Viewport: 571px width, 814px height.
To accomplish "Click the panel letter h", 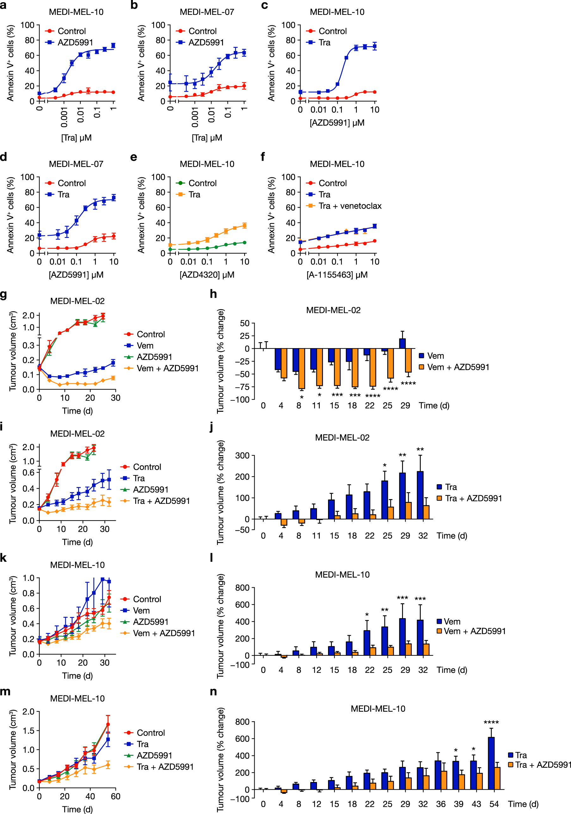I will [x=213, y=294].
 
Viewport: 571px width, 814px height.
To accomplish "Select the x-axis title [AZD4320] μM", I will [x=207, y=275].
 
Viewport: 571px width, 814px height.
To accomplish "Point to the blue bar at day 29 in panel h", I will [x=402, y=343].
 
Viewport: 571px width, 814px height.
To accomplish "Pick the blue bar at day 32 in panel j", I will [x=420, y=495].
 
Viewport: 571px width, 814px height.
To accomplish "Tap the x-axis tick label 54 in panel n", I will [x=494, y=804].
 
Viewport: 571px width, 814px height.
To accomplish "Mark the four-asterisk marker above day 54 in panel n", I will [x=491, y=723].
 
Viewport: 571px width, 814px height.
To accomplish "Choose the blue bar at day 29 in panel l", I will [x=402, y=637].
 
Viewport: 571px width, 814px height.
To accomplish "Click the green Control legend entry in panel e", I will [x=202, y=183].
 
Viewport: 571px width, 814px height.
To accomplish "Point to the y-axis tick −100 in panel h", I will [x=240, y=399].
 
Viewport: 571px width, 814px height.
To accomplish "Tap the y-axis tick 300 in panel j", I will [x=242, y=455].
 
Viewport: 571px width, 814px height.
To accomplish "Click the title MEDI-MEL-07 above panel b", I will [x=207, y=12].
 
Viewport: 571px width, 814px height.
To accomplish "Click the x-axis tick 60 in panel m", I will [x=115, y=796].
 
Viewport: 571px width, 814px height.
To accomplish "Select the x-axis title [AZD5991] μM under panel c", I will [x=337, y=123].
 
